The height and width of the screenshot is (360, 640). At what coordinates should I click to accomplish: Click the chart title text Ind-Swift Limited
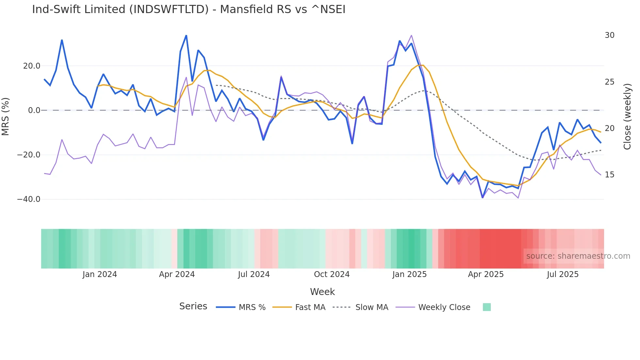(x=188, y=9)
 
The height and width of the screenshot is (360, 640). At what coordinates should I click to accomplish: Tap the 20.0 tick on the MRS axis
(x=32, y=66)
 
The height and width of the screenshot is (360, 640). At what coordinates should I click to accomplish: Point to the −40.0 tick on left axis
(x=29, y=199)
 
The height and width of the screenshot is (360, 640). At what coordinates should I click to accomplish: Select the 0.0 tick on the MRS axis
(x=34, y=110)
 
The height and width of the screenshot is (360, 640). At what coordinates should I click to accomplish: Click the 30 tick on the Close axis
(x=609, y=35)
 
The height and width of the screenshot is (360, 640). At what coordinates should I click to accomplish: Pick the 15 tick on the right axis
(x=609, y=175)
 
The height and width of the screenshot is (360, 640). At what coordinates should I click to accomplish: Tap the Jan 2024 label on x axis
(x=100, y=274)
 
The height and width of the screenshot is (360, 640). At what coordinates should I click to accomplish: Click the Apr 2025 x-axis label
(x=486, y=274)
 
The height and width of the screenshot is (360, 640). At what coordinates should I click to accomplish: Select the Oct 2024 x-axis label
(x=331, y=274)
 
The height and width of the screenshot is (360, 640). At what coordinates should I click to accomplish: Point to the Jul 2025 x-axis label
(x=562, y=274)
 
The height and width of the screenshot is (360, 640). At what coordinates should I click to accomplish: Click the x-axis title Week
(x=322, y=292)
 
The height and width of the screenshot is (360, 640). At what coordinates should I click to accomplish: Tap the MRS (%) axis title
(x=6, y=116)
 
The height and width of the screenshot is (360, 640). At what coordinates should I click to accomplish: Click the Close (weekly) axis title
(x=627, y=117)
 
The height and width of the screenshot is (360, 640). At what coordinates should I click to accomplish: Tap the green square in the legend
(x=487, y=307)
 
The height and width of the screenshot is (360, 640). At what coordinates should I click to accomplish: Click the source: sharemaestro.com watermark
(x=578, y=256)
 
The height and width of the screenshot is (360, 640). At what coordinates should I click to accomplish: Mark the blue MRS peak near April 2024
(x=186, y=35)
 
